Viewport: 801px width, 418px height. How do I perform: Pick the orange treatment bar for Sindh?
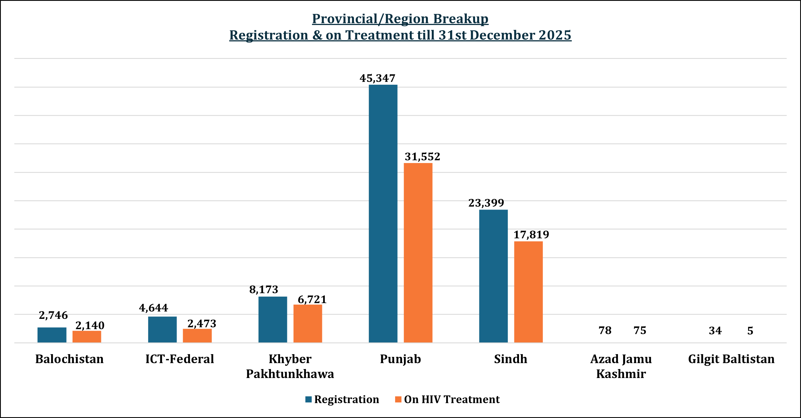pyautogui.click(x=528, y=292)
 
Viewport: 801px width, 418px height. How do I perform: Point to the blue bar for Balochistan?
pyautogui.click(x=52, y=335)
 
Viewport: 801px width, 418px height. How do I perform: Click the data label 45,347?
pyautogui.click(x=377, y=78)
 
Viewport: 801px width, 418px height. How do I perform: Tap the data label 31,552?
pyautogui.click(x=422, y=157)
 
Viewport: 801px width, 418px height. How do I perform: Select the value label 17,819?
pyautogui.click(x=531, y=235)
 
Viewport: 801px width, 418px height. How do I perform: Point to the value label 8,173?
pyautogui.click(x=264, y=290)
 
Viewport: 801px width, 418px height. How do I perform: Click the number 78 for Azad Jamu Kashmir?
pyautogui.click(x=605, y=330)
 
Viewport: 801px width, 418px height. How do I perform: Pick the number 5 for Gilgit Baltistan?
pyautogui.click(x=750, y=331)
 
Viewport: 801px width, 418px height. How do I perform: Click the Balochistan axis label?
pyautogui.click(x=69, y=359)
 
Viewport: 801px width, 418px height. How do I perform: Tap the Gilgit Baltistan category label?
pyautogui.click(x=731, y=359)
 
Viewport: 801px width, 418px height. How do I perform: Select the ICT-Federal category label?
pyautogui.click(x=180, y=359)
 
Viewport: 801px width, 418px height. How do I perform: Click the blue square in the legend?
pyautogui.click(x=308, y=399)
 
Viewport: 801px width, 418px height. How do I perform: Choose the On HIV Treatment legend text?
pyautogui.click(x=451, y=399)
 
